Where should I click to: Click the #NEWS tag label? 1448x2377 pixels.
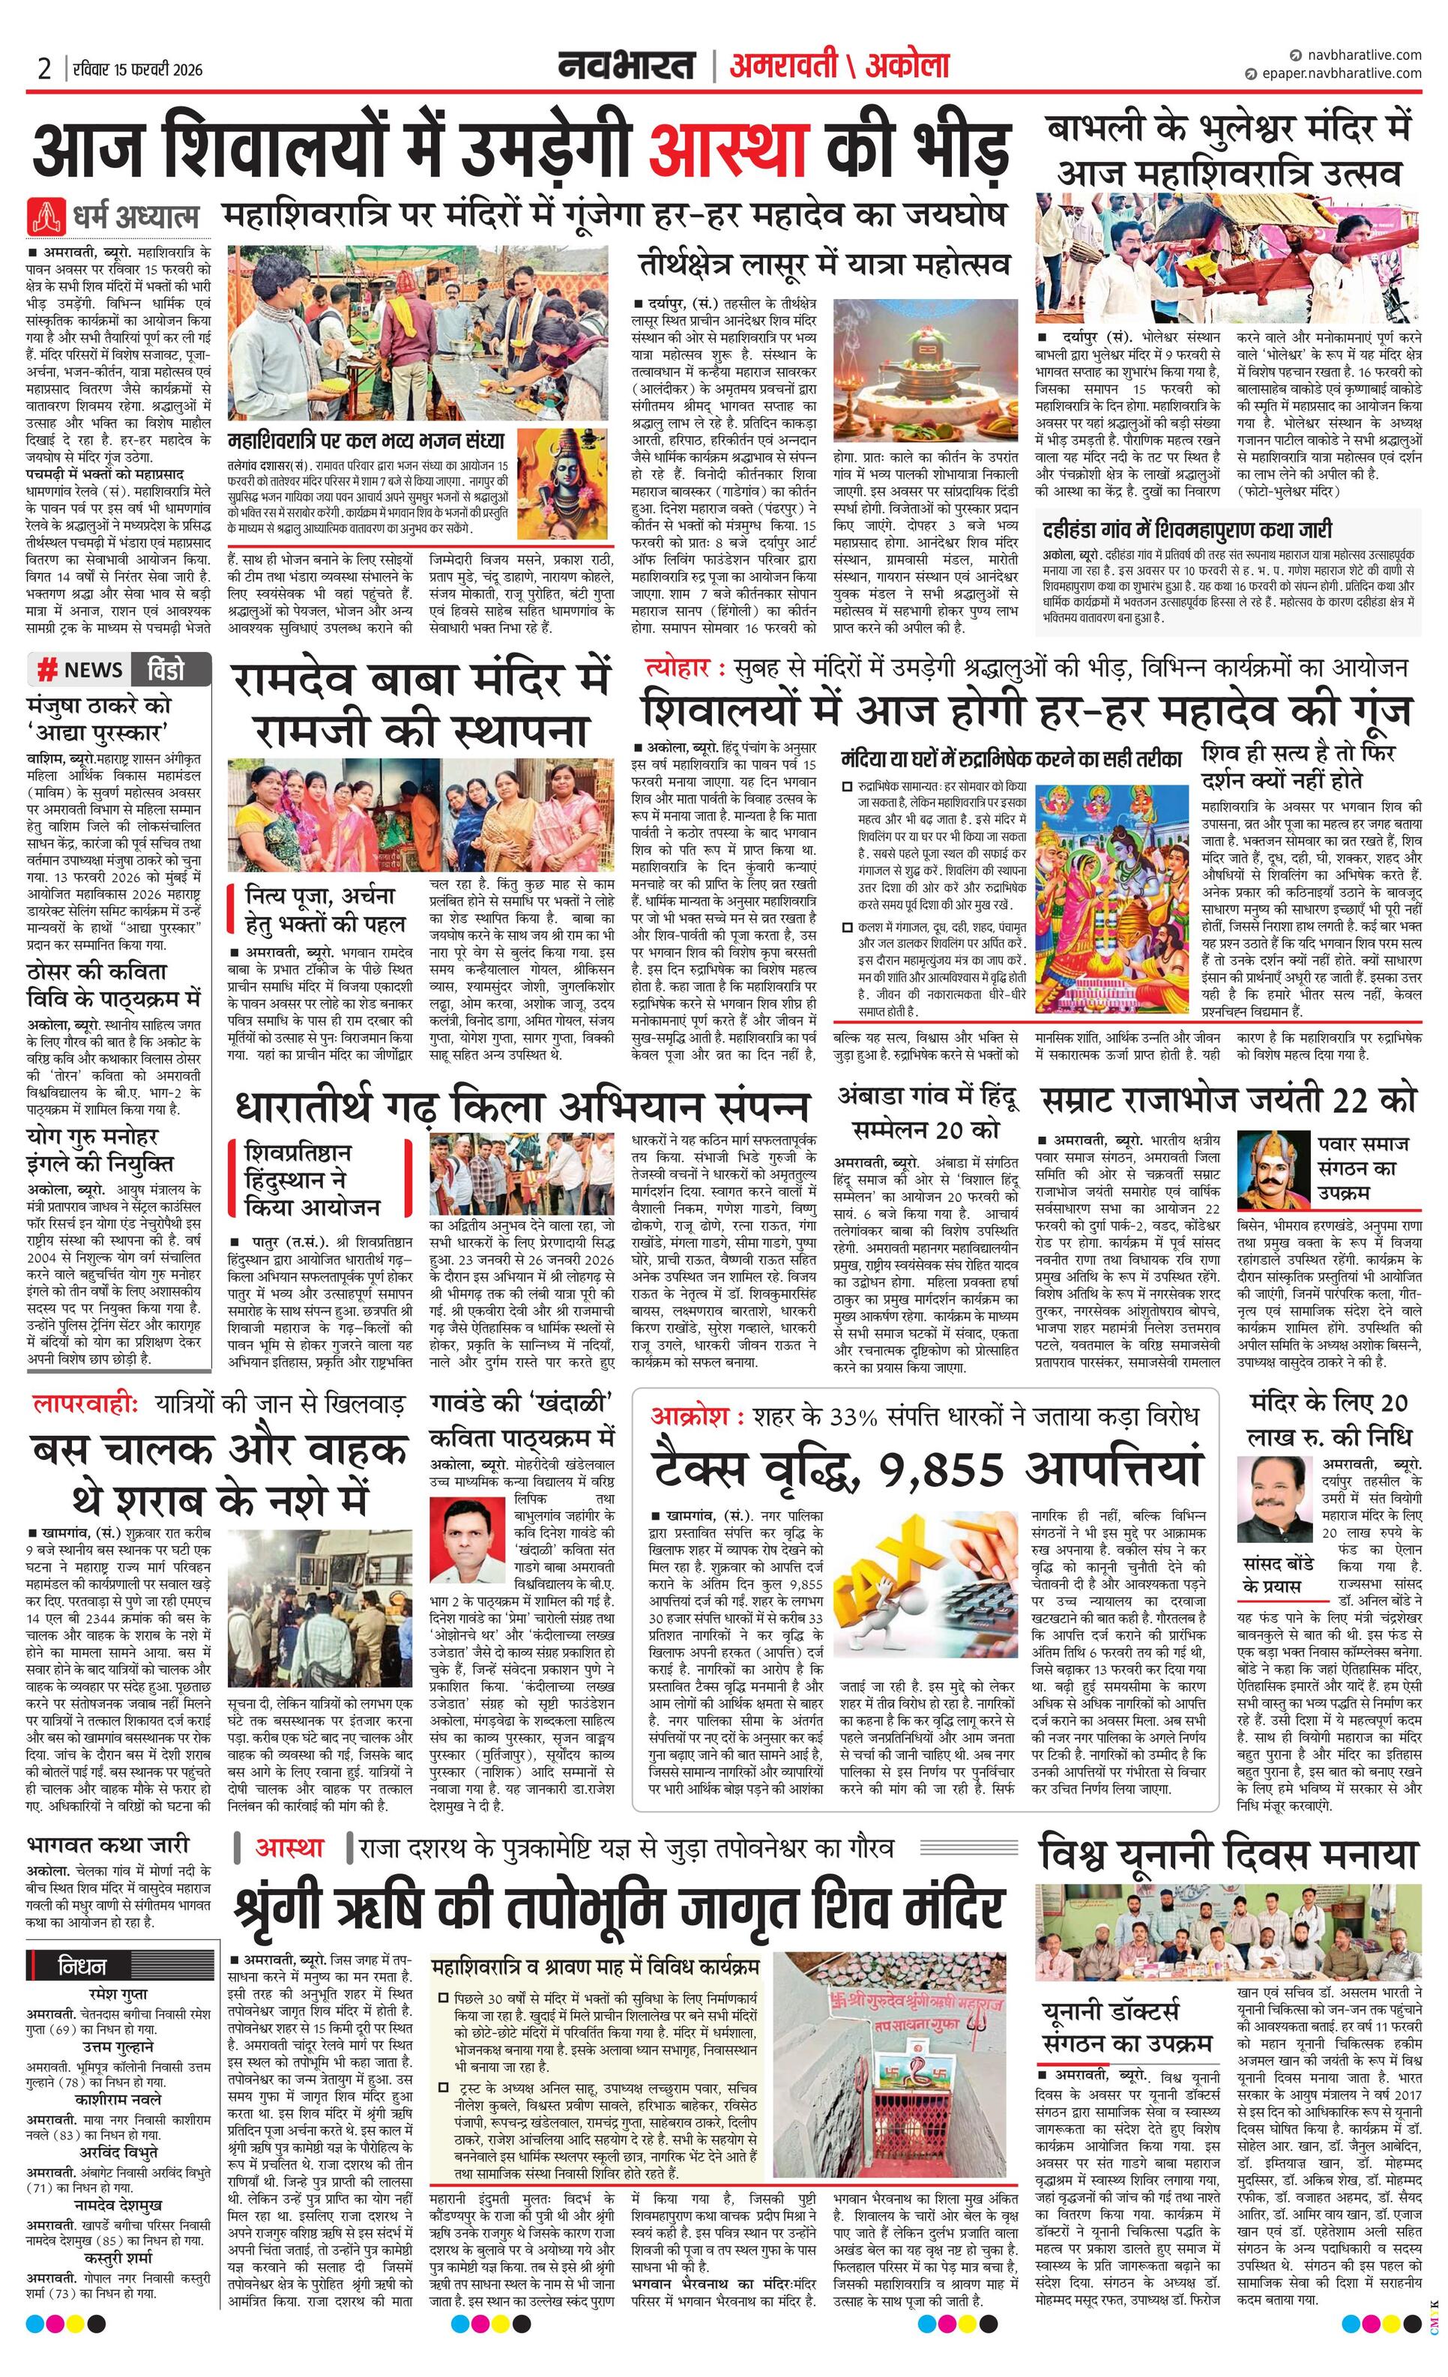pos(80,669)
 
